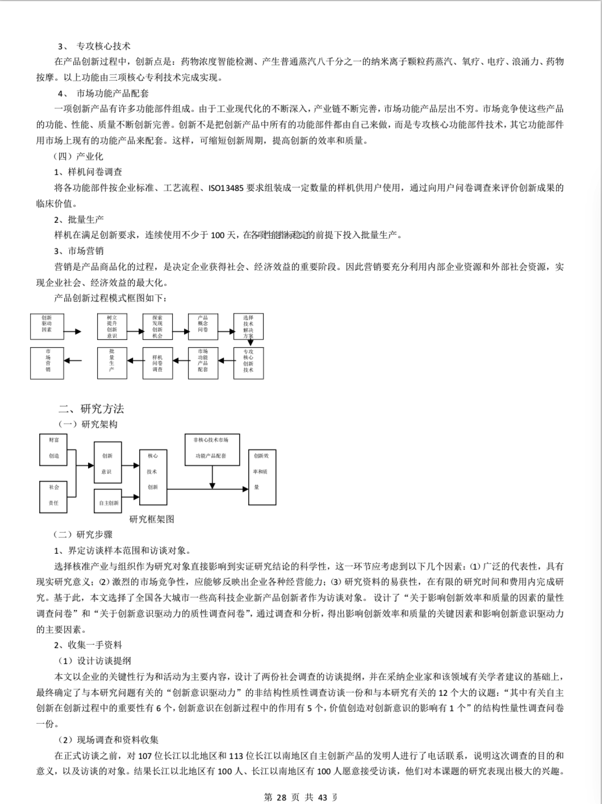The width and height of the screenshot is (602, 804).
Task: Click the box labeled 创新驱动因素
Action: tap(47, 326)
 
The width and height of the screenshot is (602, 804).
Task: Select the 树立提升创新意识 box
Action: tap(111, 326)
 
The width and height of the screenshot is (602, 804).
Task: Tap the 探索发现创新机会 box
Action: tap(157, 326)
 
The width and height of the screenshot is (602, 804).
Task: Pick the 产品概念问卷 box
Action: tap(203, 326)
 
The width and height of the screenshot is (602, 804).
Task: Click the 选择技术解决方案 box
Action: tap(248, 326)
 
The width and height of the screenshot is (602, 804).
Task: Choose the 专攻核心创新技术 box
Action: tap(248, 362)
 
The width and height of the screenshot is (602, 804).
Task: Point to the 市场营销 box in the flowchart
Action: tap(48, 362)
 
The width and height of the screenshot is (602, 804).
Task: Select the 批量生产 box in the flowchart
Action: tap(111, 362)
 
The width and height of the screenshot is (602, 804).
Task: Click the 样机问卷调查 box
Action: tap(157, 362)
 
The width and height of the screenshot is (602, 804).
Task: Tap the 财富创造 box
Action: tap(53, 449)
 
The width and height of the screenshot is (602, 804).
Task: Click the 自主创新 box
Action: tap(108, 500)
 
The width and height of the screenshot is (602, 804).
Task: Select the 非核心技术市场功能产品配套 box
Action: tap(211, 449)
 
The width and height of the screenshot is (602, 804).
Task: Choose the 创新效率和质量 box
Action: tap(262, 476)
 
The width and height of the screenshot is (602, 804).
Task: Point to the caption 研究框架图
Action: tap(152, 519)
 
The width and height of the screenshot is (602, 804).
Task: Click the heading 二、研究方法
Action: tap(91, 409)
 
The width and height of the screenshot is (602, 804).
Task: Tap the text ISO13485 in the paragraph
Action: tap(226, 188)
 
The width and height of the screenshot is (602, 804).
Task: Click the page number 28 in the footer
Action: tap(282, 797)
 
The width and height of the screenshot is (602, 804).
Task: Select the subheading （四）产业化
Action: tap(78, 156)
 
